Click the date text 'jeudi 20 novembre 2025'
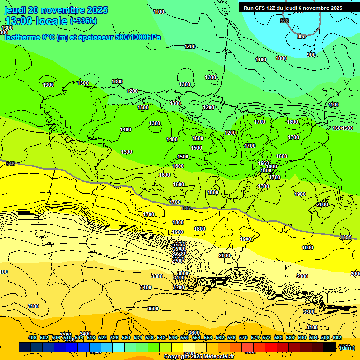point(56,10)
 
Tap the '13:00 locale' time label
point(36,21)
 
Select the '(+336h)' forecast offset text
point(83,21)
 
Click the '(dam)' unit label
point(346,347)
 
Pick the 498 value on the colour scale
point(32,337)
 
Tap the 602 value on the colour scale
point(337,337)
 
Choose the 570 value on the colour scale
point(243,337)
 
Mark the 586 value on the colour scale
point(290,337)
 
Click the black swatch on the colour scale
point(330,347)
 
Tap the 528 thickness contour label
point(284,21)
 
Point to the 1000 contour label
point(281,58)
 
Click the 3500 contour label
point(152,308)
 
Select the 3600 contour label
point(194,333)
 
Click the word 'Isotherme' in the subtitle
point(22,37)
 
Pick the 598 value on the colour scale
point(325,337)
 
